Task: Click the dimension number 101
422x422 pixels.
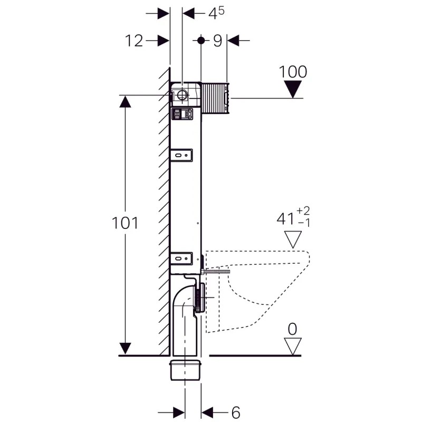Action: [x=125, y=223]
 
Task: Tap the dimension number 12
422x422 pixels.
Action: [x=134, y=41]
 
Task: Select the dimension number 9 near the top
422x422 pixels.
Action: [x=217, y=41]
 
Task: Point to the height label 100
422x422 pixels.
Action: [x=293, y=72]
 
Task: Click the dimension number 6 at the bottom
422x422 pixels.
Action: [x=236, y=413]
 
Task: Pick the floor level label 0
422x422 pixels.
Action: [x=293, y=329]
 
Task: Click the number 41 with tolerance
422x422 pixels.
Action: [x=293, y=217]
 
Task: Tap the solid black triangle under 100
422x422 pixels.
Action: [x=293, y=89]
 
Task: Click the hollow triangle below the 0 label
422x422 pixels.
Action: [x=293, y=347]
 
